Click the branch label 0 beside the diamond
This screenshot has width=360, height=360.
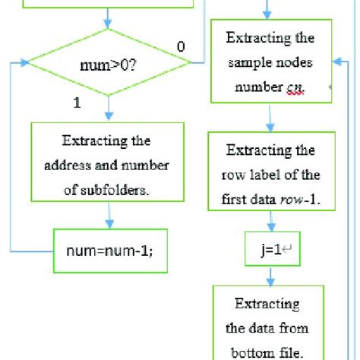click(180, 47)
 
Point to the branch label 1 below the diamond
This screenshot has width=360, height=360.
click(77, 103)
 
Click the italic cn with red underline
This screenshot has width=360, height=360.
click(295, 88)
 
